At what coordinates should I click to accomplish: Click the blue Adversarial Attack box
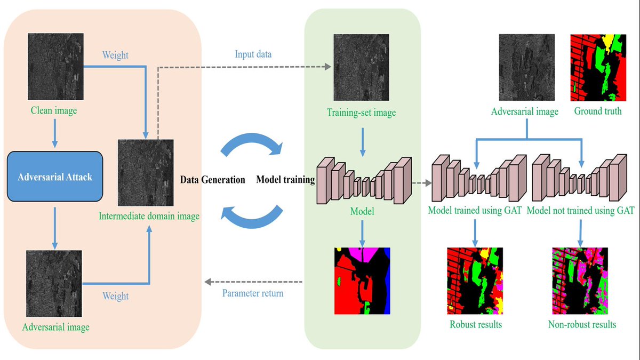[55, 177]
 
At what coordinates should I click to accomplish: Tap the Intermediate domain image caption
[149, 217]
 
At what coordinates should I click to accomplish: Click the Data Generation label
[212, 180]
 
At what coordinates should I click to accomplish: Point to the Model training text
[285, 180]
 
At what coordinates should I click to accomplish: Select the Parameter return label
[252, 293]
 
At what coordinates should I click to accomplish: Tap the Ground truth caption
[597, 111]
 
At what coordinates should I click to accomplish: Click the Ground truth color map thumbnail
[597, 68]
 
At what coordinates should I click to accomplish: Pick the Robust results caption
[476, 324]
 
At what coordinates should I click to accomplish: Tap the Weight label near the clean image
[116, 55]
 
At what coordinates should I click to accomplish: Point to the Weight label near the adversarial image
[116, 296]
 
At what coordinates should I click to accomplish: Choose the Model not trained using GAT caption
[580, 211]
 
